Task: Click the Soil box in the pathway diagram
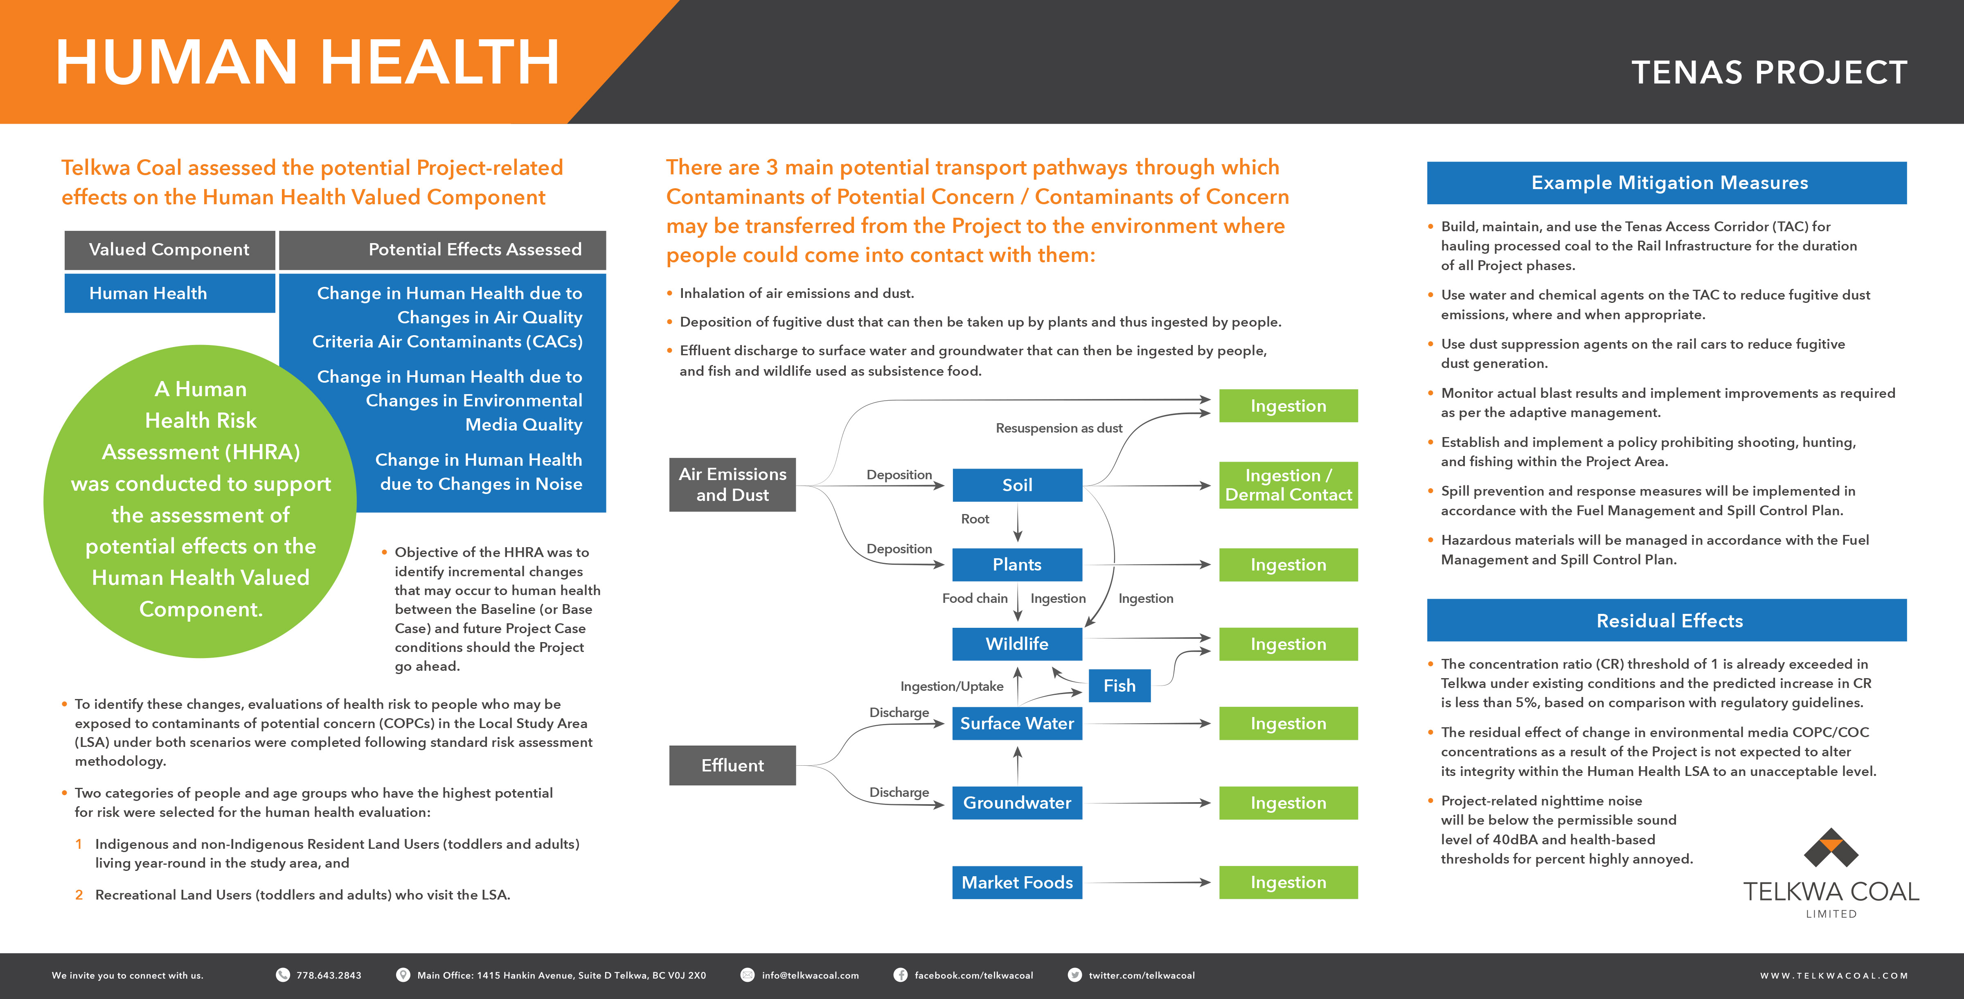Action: coord(1017,485)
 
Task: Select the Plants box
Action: coord(1017,564)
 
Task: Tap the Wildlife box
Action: coord(1017,644)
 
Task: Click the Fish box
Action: coord(1119,686)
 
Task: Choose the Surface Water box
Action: coord(1017,723)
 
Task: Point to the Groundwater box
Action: coord(1017,802)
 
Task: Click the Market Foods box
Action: coord(1017,882)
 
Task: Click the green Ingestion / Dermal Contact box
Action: coord(1288,485)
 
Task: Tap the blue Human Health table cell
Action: coord(169,293)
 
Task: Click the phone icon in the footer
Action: coord(283,974)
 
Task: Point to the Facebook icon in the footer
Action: coord(901,974)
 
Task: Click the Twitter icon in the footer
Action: coord(1075,974)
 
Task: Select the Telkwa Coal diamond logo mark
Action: coord(1831,848)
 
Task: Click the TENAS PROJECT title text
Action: coord(1770,72)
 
